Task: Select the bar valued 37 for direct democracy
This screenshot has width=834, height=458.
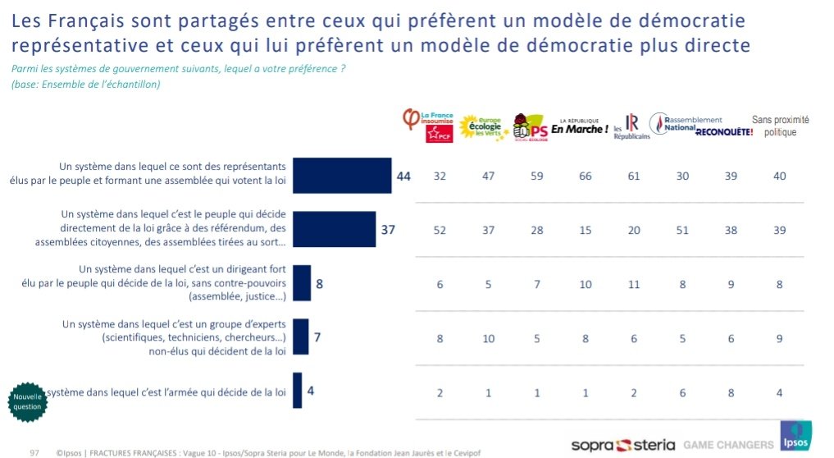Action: [x=334, y=230]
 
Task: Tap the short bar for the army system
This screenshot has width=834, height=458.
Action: [x=298, y=390]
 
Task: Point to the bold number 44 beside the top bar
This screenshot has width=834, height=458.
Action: [x=403, y=176]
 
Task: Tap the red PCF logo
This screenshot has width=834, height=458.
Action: [x=439, y=134]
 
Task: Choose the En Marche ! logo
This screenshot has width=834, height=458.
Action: [x=579, y=127]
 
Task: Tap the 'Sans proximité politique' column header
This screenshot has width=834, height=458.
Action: [x=780, y=126]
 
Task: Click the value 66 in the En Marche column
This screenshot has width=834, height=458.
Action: [x=586, y=176]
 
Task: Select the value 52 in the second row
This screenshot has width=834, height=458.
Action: [x=440, y=230]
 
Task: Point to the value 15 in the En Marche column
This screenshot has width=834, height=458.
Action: [x=586, y=230]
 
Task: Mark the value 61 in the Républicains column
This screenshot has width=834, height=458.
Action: [x=635, y=176]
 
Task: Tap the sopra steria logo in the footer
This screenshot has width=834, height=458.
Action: [x=622, y=445]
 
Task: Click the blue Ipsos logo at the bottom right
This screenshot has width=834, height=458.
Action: [x=795, y=436]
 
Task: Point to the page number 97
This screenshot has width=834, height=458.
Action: [x=35, y=451]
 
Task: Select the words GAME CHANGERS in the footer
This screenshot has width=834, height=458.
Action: [x=729, y=445]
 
